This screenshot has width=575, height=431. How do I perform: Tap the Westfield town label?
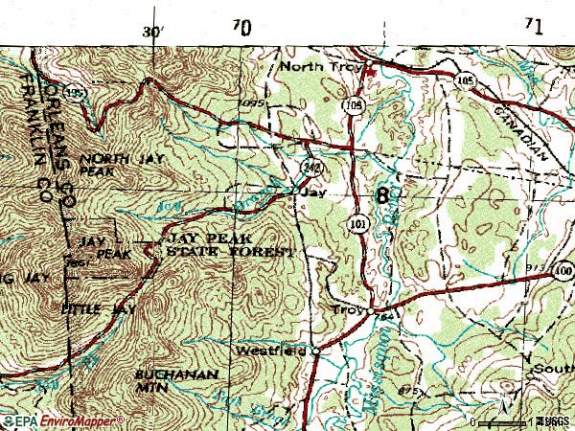pos(271,351)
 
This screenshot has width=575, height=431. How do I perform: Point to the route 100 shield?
pos(563,273)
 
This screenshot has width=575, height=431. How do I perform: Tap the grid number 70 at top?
pos(241,29)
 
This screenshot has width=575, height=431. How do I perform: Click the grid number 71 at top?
pos(533,27)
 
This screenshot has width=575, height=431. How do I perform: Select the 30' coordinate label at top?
pos(153,31)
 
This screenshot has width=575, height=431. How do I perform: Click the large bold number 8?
pos(383,197)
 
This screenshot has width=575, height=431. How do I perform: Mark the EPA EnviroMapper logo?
pos(62,420)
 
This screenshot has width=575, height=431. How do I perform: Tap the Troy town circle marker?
pos(368,310)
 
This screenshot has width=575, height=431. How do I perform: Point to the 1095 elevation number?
pos(252,102)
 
